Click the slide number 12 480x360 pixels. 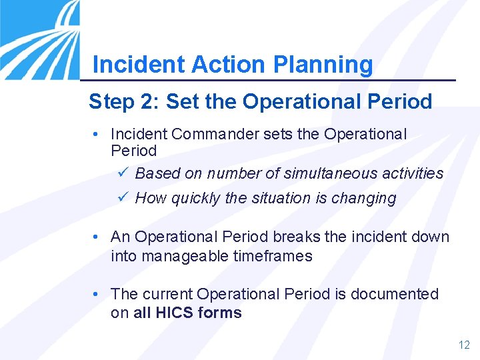[464, 345]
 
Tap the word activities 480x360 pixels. [412, 173]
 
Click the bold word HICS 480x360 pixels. [173, 313]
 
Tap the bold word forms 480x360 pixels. [220, 313]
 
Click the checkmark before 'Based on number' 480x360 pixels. [121, 173]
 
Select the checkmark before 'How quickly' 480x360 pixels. [121, 198]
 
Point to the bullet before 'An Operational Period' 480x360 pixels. [97, 237]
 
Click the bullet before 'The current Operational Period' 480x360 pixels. [97, 294]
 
